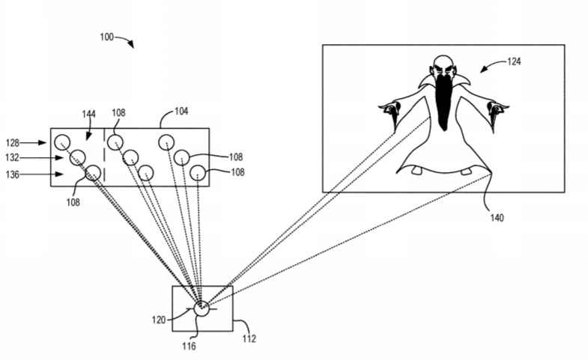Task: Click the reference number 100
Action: pos(106,37)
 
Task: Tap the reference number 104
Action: pos(181,112)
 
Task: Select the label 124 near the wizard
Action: pos(514,61)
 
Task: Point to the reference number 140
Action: pos(497,218)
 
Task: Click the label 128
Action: pos(13,143)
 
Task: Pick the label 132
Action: pos(12,158)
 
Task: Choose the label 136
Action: pos(13,174)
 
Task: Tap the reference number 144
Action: pos(89,114)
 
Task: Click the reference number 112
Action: pos(249,338)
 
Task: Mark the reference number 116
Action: pos(189,346)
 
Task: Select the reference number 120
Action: pos(159,320)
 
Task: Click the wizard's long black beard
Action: pos(443,101)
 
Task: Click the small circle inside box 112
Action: pos(201,308)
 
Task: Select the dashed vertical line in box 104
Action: pos(104,156)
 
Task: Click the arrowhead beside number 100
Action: pos(130,45)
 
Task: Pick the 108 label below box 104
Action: pos(73,202)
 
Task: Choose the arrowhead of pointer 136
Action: pos(59,174)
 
